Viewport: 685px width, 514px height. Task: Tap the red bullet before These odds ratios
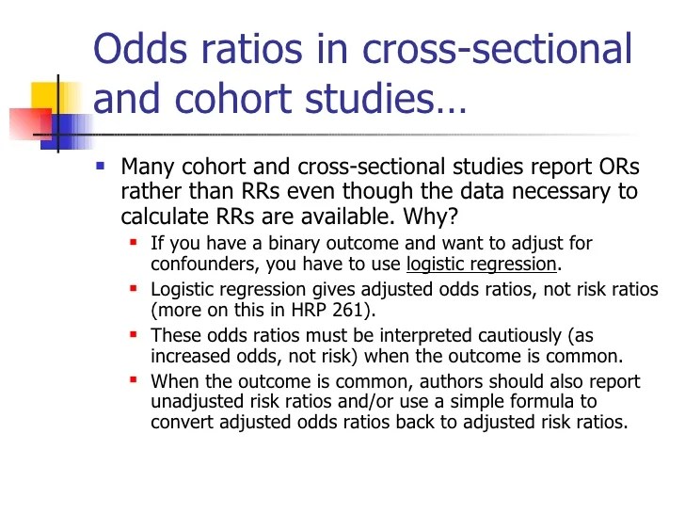[135, 334]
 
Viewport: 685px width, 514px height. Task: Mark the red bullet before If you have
[135, 243]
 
